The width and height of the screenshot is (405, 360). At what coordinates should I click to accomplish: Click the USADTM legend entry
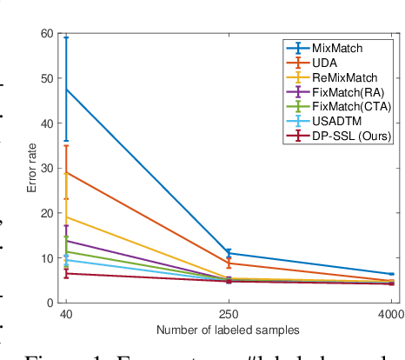[x=338, y=123]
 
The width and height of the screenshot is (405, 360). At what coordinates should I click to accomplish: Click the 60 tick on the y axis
[x=46, y=34]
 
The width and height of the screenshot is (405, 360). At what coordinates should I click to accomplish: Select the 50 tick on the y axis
[x=46, y=79]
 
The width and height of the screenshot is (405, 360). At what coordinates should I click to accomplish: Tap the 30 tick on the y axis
[x=46, y=169]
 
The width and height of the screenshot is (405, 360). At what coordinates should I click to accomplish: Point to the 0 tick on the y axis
[x=50, y=303]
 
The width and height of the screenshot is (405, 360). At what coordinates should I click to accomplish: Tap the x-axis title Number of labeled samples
[x=228, y=330]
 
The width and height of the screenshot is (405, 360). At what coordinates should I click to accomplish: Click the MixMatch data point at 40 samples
[x=66, y=90]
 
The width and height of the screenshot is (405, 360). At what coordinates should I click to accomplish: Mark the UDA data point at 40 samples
[x=66, y=172]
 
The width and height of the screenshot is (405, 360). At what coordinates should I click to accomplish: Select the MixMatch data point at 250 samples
[x=229, y=253]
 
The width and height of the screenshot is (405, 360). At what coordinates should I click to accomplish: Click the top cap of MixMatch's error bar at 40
[x=66, y=37]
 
